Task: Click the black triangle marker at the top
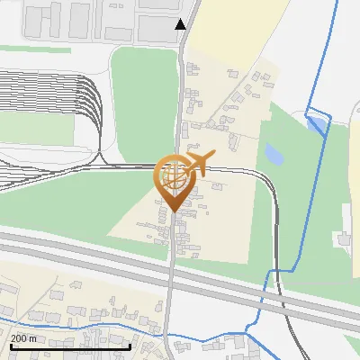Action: point(181,23)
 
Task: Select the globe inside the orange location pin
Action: point(172,176)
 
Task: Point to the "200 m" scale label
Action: point(24,338)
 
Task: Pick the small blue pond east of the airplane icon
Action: point(273,156)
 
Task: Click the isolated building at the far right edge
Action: point(343,238)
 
